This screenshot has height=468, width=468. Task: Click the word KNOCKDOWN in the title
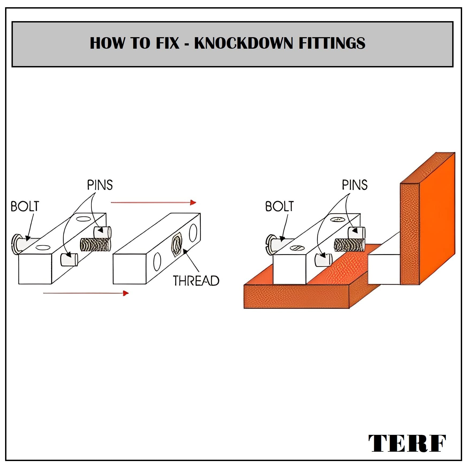pos(243,43)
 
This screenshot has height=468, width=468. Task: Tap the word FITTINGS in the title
pos(332,43)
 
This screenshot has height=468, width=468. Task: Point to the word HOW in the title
pos(107,43)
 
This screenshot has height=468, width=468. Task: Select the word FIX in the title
pos(167,43)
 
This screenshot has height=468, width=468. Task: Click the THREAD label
pos(196,281)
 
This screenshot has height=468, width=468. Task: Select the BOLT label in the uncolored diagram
pos(25,206)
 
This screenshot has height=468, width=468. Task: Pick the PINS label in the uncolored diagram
pos(100,185)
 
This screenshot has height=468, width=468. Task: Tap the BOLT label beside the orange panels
pos(279,206)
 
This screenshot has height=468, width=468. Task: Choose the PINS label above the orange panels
pos(355,185)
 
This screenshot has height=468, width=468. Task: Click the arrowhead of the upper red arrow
pos(193,202)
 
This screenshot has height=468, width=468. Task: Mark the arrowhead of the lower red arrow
pos(126,293)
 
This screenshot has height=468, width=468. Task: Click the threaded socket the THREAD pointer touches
pos(177,245)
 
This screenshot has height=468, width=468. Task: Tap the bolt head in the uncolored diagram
pos(16,244)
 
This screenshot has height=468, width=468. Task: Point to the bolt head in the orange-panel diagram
pos(271,244)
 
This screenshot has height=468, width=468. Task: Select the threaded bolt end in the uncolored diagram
pos(95,245)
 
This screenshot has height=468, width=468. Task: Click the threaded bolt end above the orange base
pos(350,245)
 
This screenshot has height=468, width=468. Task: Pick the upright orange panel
pos(427,218)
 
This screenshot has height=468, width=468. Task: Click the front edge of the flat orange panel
pos(296,297)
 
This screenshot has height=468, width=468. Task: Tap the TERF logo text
pos(407,443)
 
